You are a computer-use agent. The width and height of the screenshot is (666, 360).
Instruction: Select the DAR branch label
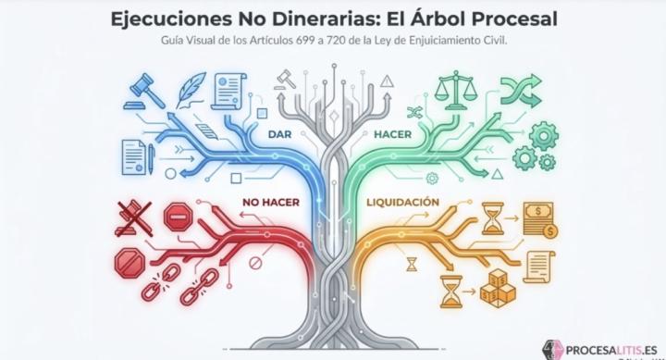coord(279,135)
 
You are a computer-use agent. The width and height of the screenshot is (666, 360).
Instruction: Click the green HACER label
coord(392,135)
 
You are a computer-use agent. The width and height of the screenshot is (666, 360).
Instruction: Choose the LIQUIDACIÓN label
coord(401,202)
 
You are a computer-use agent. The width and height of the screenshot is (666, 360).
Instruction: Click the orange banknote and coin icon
coord(538,220)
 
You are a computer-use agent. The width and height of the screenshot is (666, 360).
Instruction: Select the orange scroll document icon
coord(540,267)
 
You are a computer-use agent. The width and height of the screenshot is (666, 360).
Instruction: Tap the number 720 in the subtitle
coord(358,41)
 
